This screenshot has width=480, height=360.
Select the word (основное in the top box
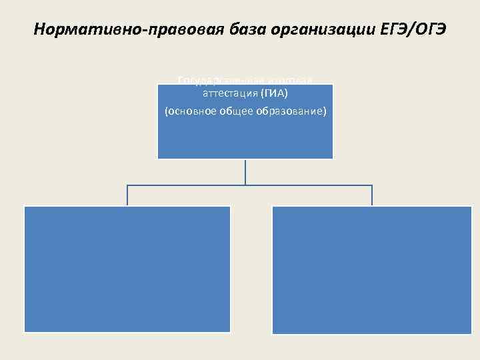pyautogui.click(x=186, y=111)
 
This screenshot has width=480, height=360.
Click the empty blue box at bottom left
pyautogui.click(x=127, y=269)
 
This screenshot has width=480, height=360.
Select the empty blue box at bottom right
pyautogui.click(x=371, y=269)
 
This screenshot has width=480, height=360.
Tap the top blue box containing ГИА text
pyautogui.click(x=245, y=137)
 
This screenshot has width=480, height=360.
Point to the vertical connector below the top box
pyautogui.click(x=245, y=171)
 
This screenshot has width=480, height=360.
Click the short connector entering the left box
pyautogui.click(x=127, y=195)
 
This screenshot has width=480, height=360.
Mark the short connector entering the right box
pyautogui.click(x=372, y=195)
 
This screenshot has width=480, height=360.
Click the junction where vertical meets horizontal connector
pyautogui.click(x=245, y=185)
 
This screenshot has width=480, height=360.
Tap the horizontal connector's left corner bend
pyautogui.click(x=127, y=185)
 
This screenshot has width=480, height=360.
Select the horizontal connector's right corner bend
pyautogui.click(x=372, y=185)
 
